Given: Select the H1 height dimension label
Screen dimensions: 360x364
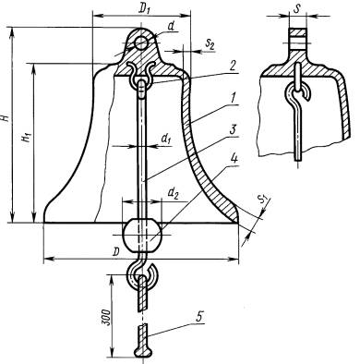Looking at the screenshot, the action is pos(28,137).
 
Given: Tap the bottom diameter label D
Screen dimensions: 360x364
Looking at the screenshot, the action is pos(115,252).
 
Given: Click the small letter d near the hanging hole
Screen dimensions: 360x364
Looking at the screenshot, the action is pos(171,27).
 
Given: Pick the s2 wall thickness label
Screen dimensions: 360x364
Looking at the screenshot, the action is pos(210,44).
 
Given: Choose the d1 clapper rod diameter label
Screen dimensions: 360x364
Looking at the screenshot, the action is pos(165,139).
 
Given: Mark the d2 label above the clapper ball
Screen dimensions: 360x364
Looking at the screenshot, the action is pos(173,193).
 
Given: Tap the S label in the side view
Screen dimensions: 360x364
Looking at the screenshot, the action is pos(296,9).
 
